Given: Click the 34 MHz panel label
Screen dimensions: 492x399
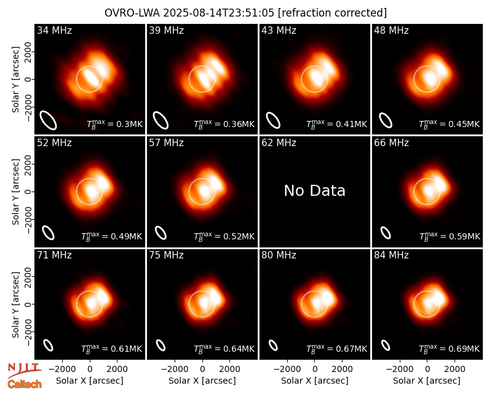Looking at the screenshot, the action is pos(54,30).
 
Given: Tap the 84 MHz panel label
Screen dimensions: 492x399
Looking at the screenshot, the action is pos(391,255).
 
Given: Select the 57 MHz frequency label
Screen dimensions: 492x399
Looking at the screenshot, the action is pos(166,143).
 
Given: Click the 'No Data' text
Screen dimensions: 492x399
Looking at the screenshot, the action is pos(314,190).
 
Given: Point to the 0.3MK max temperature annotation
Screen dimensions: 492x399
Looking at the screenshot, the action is pos(115,124).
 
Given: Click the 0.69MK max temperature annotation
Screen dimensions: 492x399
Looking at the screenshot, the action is pos(450,349).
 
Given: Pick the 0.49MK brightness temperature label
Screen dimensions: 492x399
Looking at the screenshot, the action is pos(112,236).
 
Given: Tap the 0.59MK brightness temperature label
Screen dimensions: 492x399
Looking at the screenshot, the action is pos(450,236).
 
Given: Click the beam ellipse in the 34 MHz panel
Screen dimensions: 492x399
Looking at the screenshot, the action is pos(48,120).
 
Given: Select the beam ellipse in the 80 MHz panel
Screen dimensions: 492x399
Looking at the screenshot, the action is pos(273,345).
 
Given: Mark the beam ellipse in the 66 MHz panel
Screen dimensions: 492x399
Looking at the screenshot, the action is pos(386,233).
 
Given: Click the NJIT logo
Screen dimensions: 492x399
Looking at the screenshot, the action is pos(25,370).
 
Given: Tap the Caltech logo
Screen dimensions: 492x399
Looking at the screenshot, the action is pos(25,384).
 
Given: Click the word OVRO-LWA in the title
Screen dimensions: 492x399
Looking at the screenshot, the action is pos(132,13).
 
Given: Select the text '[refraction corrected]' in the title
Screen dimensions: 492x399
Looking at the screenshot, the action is pos(332,13).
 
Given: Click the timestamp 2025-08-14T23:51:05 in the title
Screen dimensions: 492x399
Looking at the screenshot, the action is pos(218,13).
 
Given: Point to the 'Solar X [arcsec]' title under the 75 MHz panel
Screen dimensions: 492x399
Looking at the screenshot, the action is pos(202,381).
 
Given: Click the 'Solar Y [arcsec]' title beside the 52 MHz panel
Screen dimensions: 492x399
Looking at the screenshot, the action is pos(15,192).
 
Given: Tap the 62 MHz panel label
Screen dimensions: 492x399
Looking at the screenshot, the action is pos(279,143).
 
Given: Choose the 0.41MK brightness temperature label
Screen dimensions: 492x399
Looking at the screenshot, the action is pos(336,124).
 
